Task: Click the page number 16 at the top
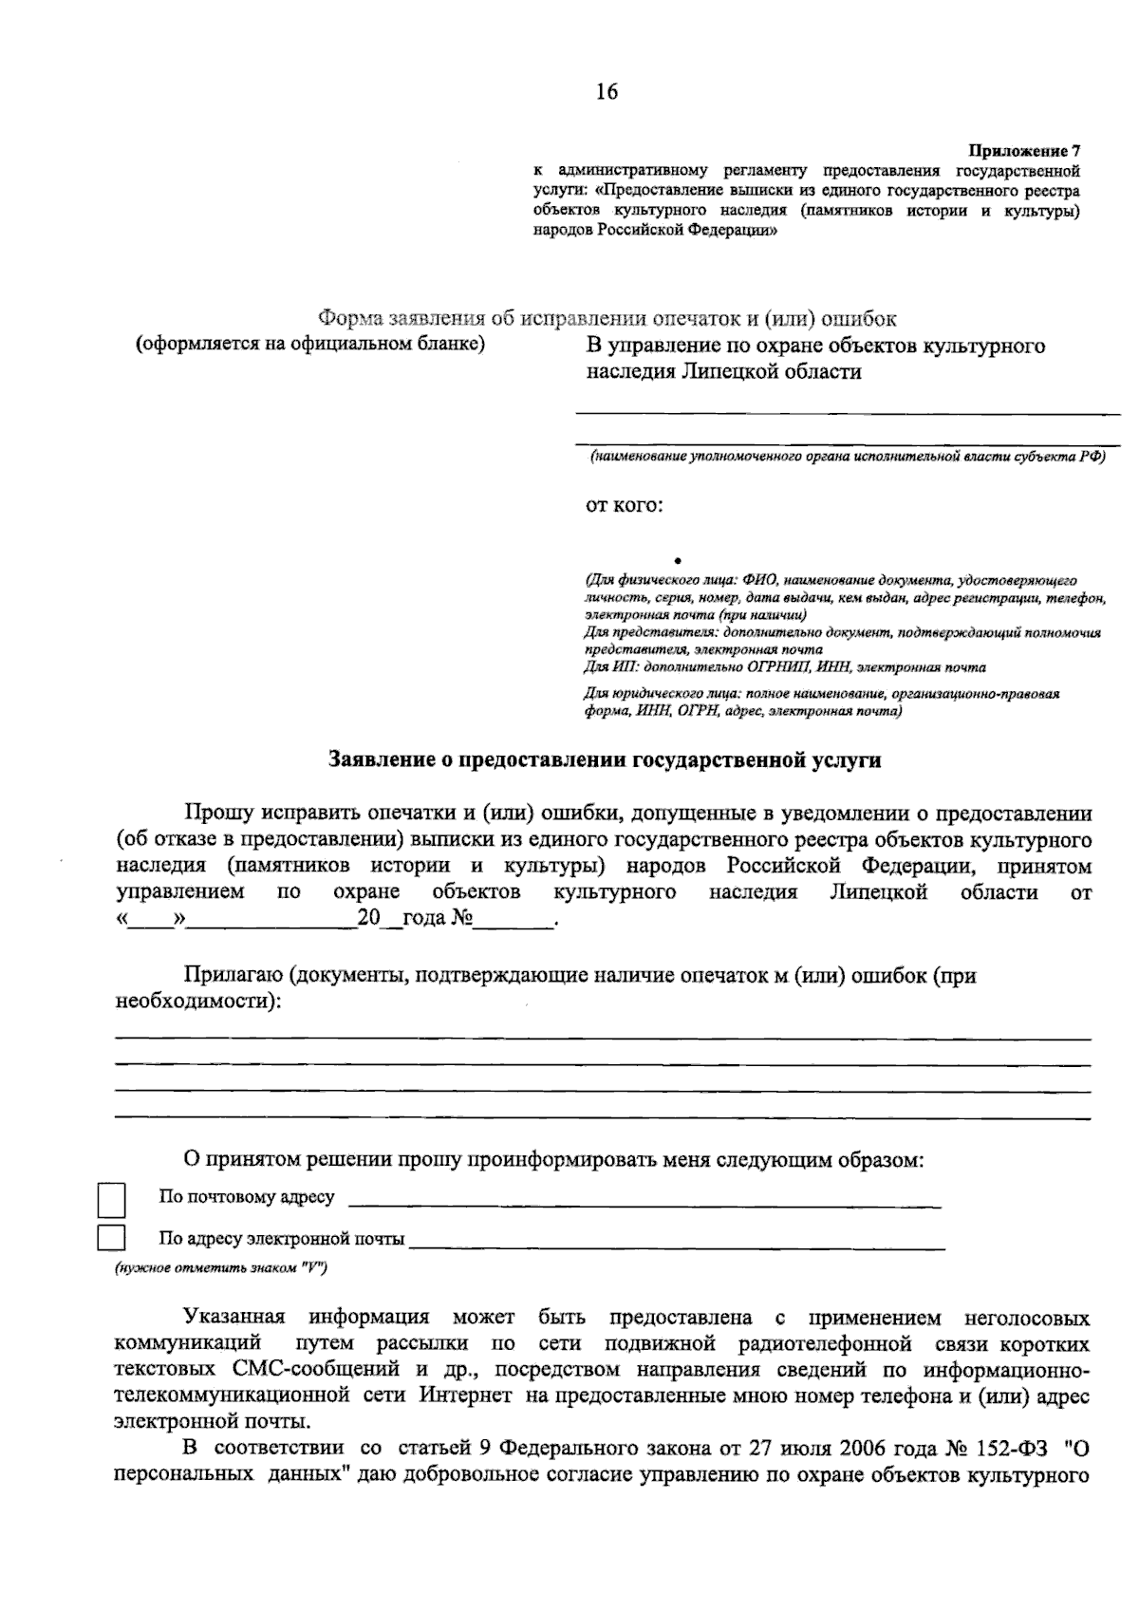click(x=607, y=91)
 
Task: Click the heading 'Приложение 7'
click(x=1023, y=151)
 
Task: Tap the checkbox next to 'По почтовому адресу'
click(x=112, y=1200)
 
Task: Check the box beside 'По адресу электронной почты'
click(x=112, y=1238)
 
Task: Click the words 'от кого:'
click(x=623, y=505)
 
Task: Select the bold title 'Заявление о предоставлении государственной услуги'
click(x=604, y=759)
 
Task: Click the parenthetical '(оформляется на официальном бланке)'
click(x=309, y=344)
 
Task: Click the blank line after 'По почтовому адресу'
click(x=645, y=1204)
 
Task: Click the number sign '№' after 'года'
click(x=461, y=919)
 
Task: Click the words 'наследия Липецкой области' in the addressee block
click(x=723, y=372)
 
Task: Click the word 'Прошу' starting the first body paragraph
click(x=219, y=814)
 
